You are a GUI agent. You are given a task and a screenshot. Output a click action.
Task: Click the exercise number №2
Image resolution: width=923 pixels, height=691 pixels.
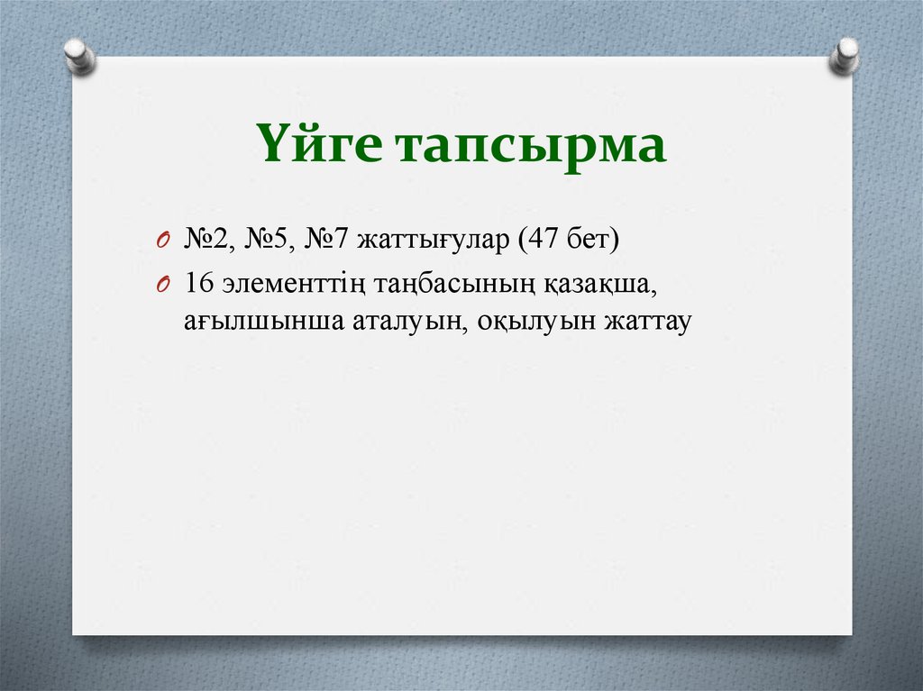click(206, 240)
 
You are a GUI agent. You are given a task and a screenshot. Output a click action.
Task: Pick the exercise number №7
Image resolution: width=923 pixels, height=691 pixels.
click(326, 240)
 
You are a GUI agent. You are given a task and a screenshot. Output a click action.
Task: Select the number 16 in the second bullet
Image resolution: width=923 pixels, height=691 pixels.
click(198, 283)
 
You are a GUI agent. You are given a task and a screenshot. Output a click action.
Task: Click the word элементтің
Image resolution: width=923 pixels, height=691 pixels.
click(288, 285)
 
